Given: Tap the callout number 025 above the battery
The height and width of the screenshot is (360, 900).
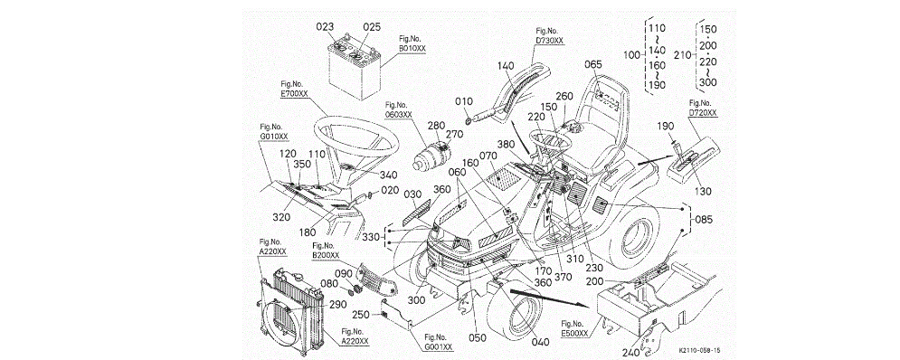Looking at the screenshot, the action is click(372, 27).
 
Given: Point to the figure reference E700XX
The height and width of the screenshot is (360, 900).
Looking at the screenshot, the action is click(295, 92).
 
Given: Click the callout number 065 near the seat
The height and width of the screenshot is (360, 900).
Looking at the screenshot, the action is click(593, 65).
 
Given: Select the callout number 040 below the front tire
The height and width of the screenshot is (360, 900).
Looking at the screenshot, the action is click(539, 342).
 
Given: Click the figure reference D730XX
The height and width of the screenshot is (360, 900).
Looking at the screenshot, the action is click(549, 40).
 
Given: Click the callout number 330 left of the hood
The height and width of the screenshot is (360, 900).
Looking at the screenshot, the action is click(373, 238).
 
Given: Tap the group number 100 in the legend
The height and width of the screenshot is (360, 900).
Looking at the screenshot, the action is click(631, 56).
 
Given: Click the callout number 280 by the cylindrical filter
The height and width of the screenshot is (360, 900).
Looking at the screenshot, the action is click(436, 125).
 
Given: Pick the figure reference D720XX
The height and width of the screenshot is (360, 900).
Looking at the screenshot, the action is click(703, 113).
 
